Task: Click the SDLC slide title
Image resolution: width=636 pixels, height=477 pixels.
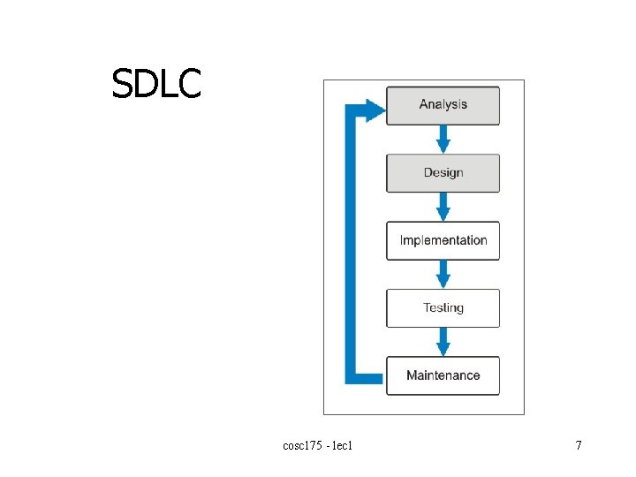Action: coord(156,84)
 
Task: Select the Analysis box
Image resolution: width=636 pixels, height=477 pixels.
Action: coord(443,105)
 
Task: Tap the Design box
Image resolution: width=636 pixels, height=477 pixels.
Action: coord(443,173)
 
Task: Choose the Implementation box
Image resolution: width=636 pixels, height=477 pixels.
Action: coord(443,240)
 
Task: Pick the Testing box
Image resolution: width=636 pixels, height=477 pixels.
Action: coord(443,308)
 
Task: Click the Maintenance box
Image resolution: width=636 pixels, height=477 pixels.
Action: coord(443,375)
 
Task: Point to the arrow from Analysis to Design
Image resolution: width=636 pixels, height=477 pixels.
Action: coord(443,140)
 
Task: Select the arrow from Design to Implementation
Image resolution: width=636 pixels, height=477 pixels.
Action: coord(443,208)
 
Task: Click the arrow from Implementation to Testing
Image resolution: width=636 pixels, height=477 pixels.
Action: coord(443,275)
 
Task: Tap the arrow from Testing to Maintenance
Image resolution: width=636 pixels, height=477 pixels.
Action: coord(443,342)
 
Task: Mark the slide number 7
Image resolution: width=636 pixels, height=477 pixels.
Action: coord(579,446)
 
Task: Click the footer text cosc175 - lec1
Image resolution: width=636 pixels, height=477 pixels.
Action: coord(318,446)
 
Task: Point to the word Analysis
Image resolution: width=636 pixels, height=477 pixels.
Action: coord(443,104)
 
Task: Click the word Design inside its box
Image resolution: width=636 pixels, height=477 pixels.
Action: coord(443,172)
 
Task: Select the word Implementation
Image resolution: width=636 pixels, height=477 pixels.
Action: coord(443,240)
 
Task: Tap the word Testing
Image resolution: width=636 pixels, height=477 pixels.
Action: coord(443,308)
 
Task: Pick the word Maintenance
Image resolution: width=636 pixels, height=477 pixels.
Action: coord(443,375)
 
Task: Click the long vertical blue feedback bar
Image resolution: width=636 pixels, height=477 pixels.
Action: coord(350,247)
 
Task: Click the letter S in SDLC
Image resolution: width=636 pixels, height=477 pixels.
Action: coord(123,84)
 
